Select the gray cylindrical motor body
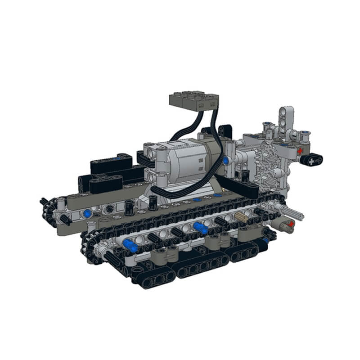(x=198, y=162)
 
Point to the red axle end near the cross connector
(x=300, y=151)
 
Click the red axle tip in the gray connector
(x=291, y=223)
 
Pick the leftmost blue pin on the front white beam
(x=130, y=245)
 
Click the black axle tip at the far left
(x=44, y=201)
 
